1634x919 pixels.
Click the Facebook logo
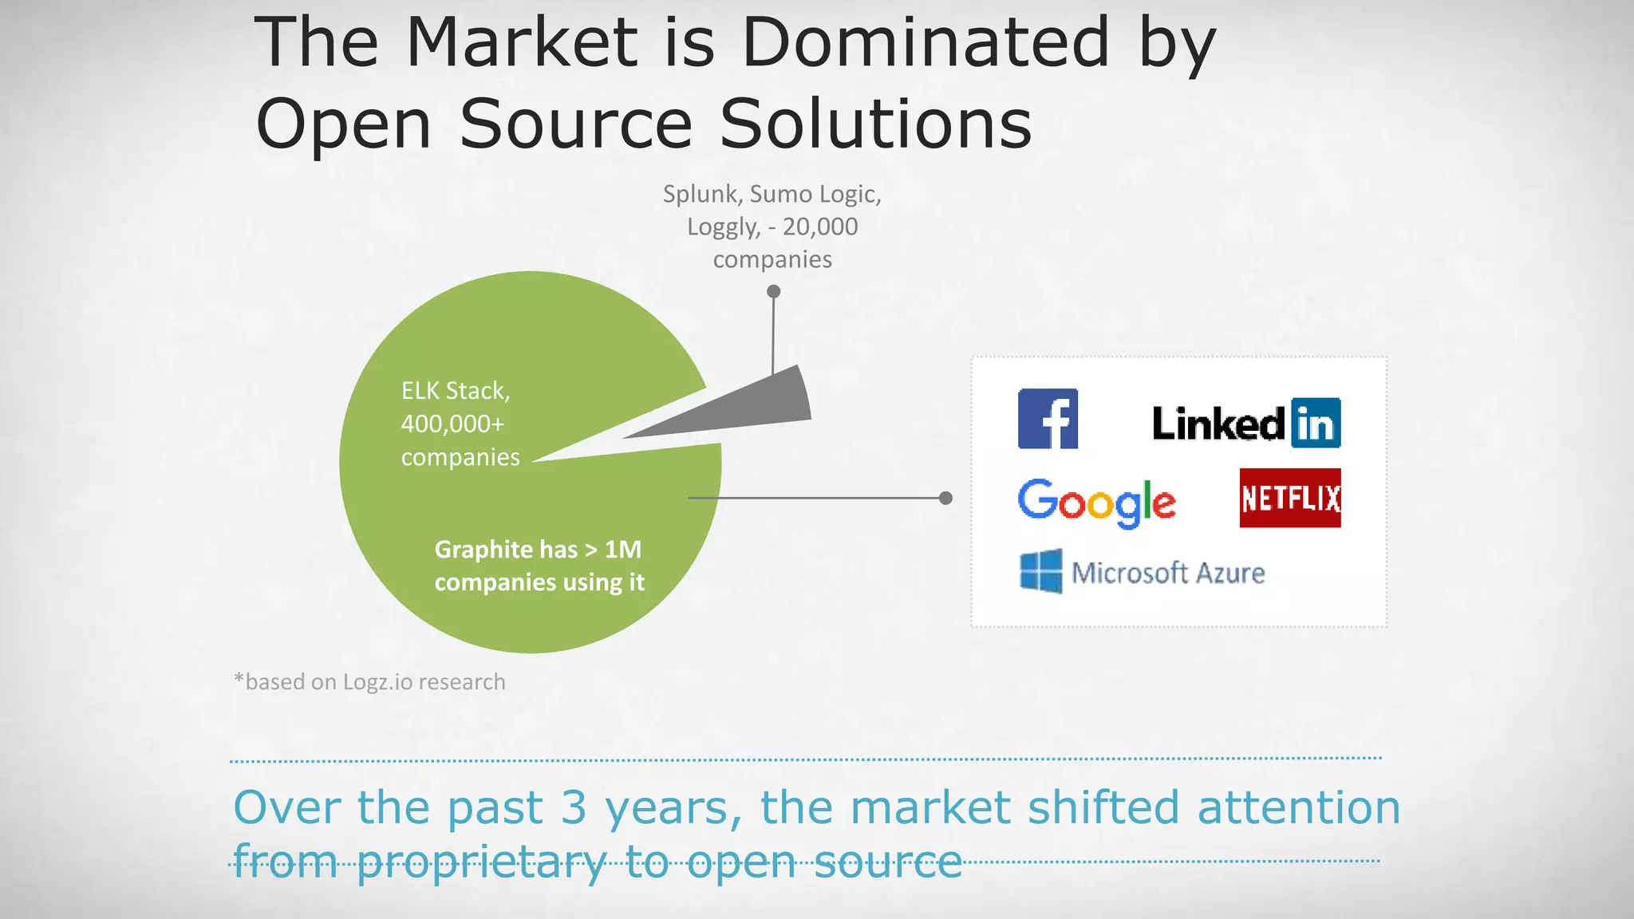tap(1048, 419)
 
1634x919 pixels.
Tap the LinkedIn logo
tap(1245, 423)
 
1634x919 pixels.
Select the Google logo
tap(1096, 503)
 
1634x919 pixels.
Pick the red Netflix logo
tap(1290, 498)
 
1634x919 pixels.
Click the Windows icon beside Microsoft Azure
tap(1041, 571)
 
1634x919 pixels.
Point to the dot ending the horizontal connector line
tap(945, 498)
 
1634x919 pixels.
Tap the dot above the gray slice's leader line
tap(773, 292)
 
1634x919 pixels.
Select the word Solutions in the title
tap(875, 124)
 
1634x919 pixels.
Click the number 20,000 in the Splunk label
tap(819, 227)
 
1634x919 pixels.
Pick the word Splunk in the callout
tap(702, 194)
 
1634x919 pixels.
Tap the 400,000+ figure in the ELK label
tap(452, 424)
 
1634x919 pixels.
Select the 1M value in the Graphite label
tap(623, 550)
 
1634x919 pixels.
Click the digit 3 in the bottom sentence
tap(573, 807)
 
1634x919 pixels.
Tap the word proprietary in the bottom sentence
tap(481, 862)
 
